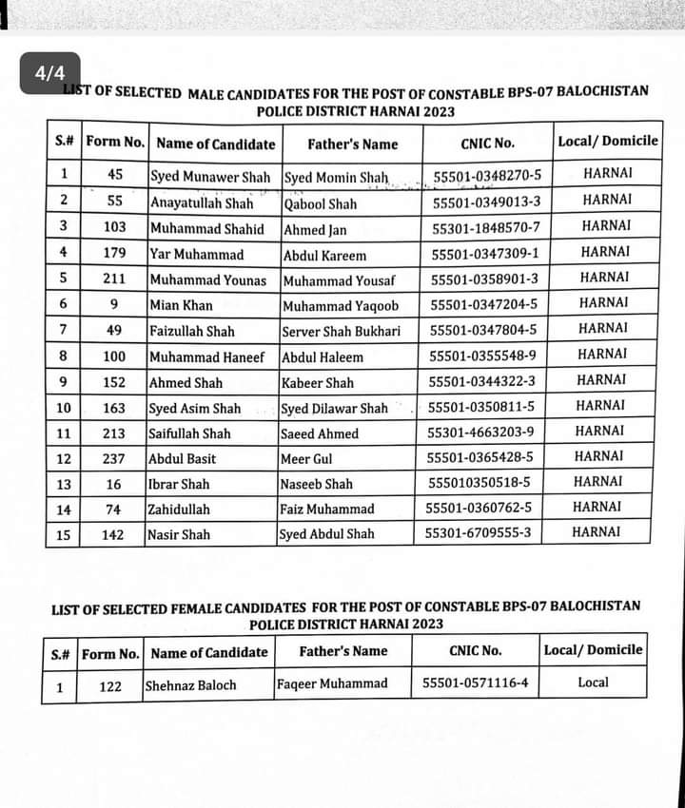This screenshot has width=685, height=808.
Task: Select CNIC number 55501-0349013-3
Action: tap(486, 202)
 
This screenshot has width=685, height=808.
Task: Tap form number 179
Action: tap(114, 254)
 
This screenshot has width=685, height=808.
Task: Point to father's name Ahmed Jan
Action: tap(315, 229)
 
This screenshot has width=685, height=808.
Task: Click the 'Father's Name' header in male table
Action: tap(352, 144)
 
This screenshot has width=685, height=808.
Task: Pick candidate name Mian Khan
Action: tap(181, 305)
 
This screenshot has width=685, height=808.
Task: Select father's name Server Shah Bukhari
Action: tap(341, 331)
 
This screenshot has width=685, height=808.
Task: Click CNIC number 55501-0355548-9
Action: tap(482, 356)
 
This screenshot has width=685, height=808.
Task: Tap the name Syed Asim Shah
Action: tap(194, 408)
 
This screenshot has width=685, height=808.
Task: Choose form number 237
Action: tap(113, 459)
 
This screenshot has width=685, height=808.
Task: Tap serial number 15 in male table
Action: tap(63, 534)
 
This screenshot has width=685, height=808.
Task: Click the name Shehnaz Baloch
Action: tap(191, 684)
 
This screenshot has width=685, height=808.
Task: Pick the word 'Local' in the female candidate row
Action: tap(593, 682)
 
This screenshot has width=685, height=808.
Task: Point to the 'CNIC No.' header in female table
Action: tap(475, 651)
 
